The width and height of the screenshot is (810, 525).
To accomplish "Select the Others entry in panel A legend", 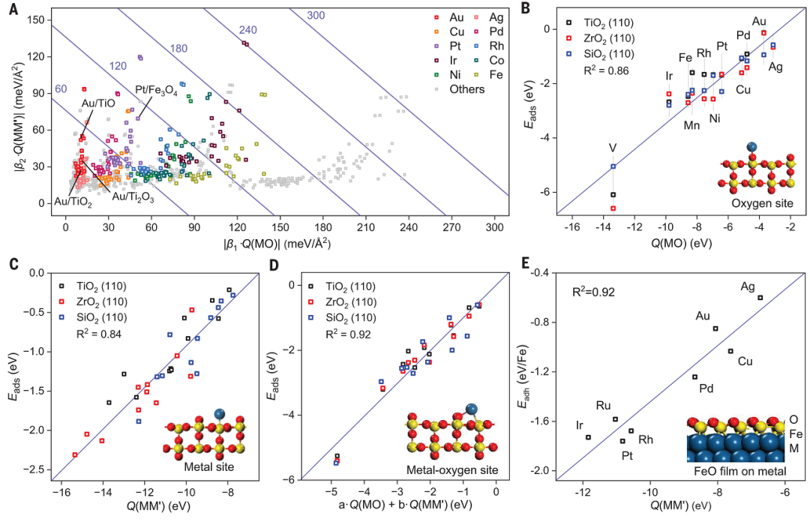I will click(467, 89).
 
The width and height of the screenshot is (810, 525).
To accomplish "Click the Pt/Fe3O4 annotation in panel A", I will click(156, 91).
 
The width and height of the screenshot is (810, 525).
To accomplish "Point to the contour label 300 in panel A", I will click(316, 14).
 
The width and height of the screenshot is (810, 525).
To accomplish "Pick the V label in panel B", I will click(613, 148).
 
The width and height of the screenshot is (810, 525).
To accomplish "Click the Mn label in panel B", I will click(692, 124).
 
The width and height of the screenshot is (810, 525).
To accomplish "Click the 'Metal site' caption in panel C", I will click(210, 468).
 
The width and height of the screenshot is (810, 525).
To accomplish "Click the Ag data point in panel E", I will click(760, 298).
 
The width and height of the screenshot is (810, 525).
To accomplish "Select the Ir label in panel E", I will click(579, 425).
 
